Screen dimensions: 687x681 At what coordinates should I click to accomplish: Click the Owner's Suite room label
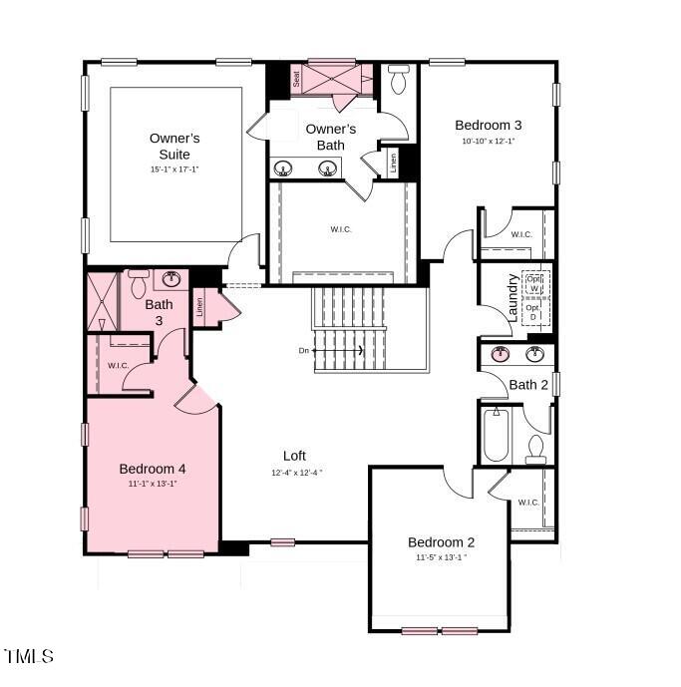click(x=174, y=147)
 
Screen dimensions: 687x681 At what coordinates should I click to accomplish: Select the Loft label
click(x=293, y=456)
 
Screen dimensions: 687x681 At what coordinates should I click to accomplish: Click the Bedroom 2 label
click(x=441, y=541)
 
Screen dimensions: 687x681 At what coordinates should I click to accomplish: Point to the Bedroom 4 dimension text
click(x=153, y=484)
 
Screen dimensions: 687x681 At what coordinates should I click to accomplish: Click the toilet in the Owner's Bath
click(x=398, y=78)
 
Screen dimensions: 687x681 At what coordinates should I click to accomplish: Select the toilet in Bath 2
click(x=535, y=450)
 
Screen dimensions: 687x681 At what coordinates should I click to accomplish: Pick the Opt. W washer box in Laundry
click(x=534, y=283)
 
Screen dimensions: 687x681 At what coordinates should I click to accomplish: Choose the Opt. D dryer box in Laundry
click(x=534, y=313)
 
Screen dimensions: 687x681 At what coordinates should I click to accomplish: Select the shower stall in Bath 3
click(x=102, y=302)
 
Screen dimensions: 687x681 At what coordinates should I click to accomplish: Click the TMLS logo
click(x=29, y=656)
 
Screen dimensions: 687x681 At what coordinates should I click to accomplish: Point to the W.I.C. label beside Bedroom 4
click(x=119, y=366)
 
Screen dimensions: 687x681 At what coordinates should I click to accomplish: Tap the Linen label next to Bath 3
click(x=200, y=308)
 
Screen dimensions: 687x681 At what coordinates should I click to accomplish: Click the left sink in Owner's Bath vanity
click(x=284, y=169)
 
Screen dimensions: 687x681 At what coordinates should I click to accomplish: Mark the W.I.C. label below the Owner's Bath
click(x=341, y=229)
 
